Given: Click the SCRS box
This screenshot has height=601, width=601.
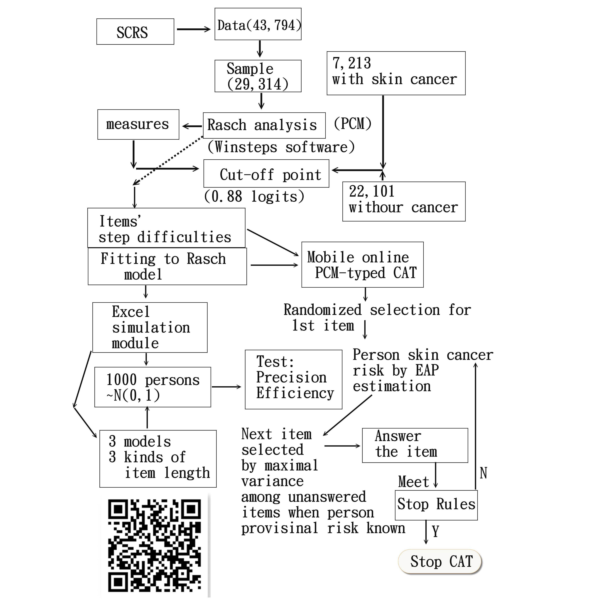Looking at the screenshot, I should point(135,32).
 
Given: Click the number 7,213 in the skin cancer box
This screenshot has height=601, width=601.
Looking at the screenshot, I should point(352,63).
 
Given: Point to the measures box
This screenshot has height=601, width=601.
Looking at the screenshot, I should point(138,124).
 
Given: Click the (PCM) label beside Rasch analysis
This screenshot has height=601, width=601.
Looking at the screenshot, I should point(352,124).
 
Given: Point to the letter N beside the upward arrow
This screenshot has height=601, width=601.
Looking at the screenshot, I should point(483,473).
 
